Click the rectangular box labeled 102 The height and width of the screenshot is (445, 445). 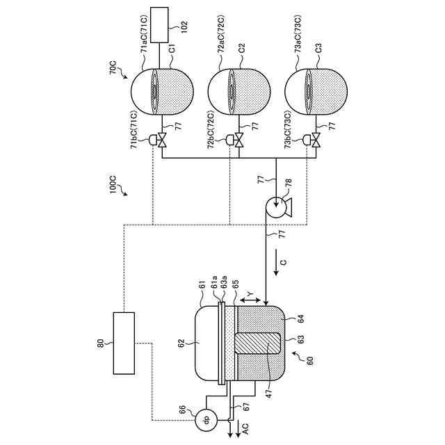159,25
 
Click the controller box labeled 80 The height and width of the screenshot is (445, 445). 124,343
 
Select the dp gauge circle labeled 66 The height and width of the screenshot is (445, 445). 207,419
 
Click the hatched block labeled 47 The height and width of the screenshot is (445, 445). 258,343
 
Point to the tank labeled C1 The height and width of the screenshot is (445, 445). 162,92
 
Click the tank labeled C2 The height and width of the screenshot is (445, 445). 239,92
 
